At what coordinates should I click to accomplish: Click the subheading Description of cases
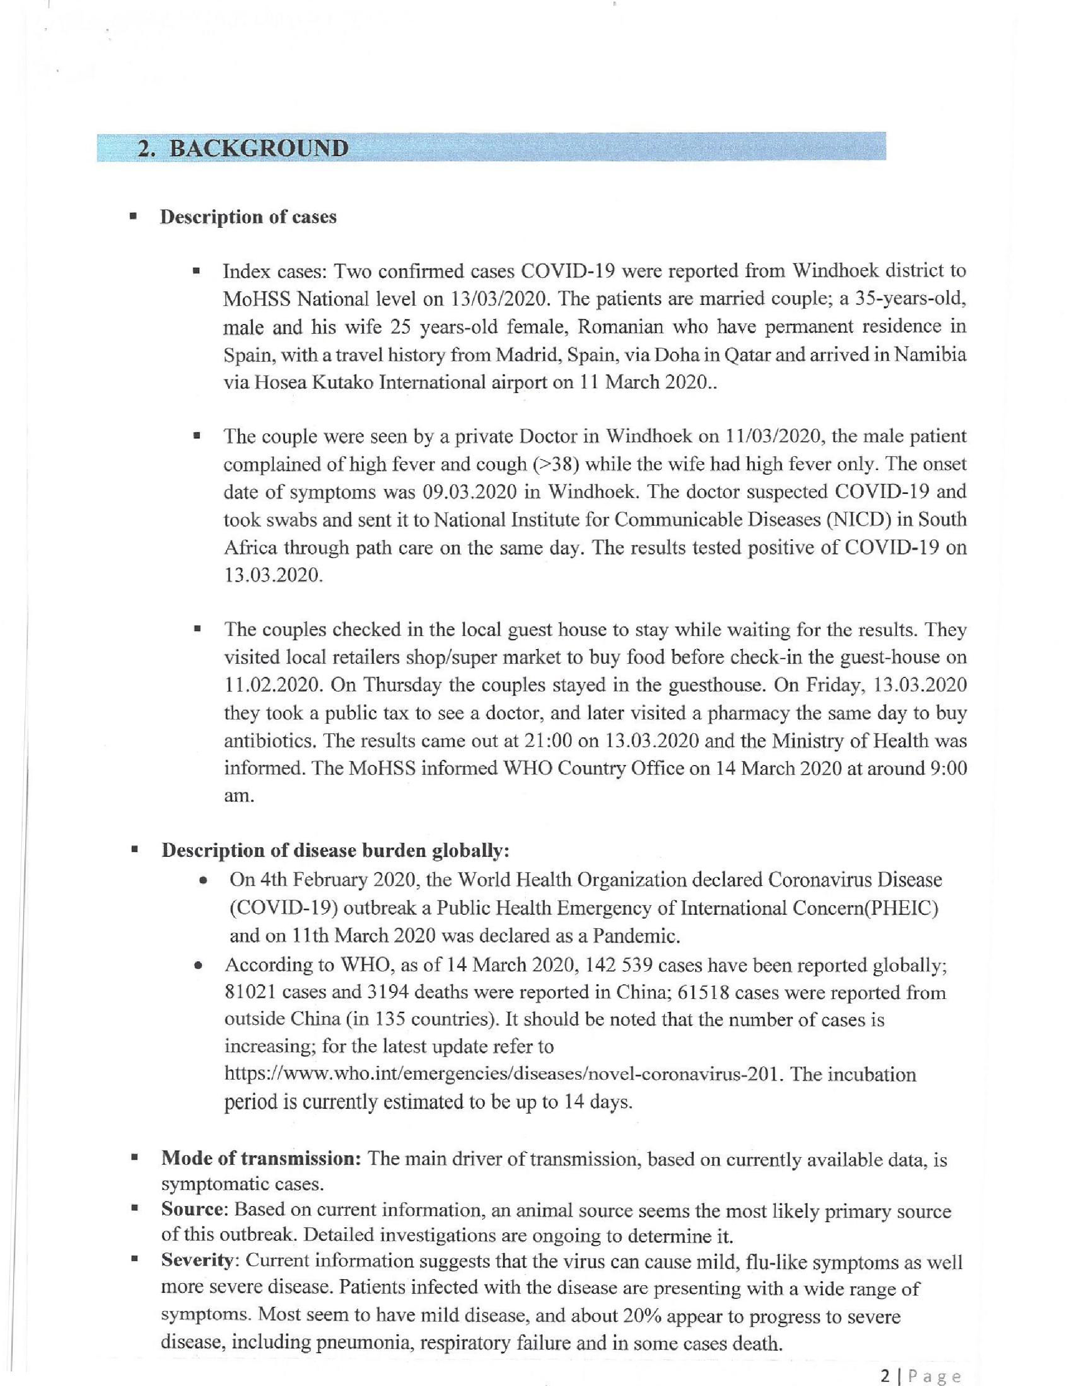248,217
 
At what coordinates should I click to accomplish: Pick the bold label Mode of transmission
262,1159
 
